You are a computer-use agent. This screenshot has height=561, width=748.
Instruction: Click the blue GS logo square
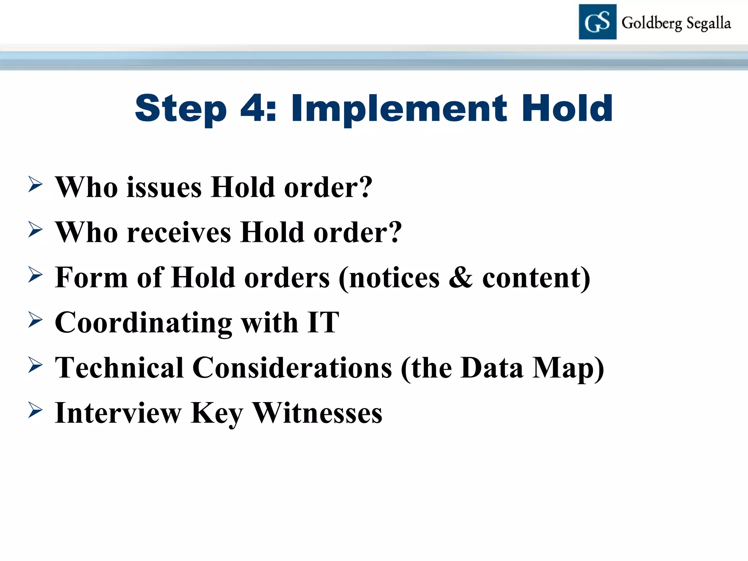pyautogui.click(x=598, y=22)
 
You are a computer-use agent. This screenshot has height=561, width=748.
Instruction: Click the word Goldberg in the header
pyautogui.click(x=652, y=23)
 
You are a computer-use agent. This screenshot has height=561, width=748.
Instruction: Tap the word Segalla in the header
pyautogui.click(x=709, y=23)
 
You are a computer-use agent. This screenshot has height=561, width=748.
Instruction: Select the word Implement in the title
pyautogui.click(x=399, y=109)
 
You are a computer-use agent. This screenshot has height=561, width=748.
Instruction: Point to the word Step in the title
pyautogui.click(x=181, y=109)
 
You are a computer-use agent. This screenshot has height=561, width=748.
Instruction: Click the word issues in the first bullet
pyautogui.click(x=164, y=187)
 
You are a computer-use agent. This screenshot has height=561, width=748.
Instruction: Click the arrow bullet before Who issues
pyautogui.click(x=35, y=184)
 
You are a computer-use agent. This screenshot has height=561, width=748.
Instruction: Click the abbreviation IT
pyautogui.click(x=323, y=323)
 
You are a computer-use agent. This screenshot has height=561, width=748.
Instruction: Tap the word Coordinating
pyautogui.click(x=144, y=323)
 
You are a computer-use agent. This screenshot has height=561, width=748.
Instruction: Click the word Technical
pyautogui.click(x=119, y=368)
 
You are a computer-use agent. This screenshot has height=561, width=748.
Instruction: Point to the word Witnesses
pyautogui.click(x=317, y=413)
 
